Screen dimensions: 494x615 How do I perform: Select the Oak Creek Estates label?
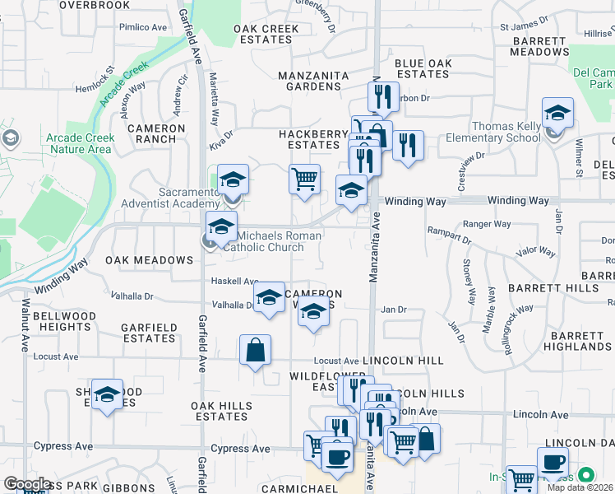[266, 34]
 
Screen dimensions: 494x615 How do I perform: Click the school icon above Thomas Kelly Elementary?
[557, 113]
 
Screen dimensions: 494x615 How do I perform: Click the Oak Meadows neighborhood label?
[149, 260]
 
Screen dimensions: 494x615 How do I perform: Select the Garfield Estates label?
[149, 333]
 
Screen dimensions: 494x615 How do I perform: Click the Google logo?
[27, 484]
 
